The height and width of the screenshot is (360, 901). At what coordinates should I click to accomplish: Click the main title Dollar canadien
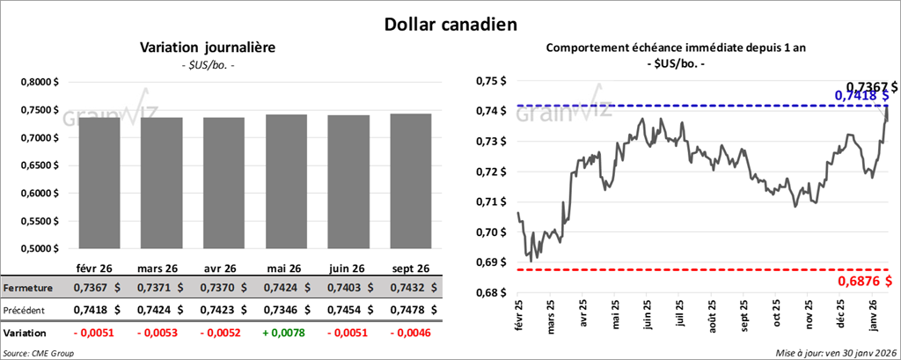450,24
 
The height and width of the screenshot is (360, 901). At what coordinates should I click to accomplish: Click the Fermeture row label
27,288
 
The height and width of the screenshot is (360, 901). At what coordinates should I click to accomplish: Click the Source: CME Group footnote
40,353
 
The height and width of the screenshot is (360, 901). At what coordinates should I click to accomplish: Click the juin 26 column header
349,268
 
